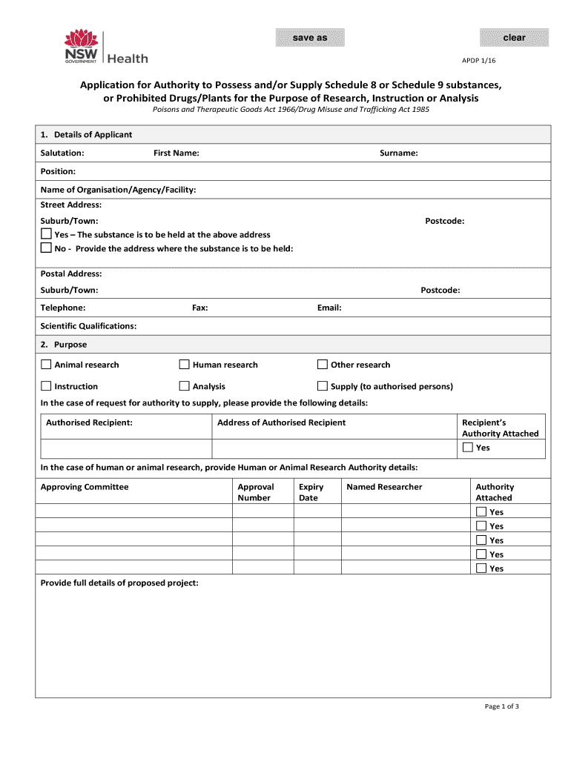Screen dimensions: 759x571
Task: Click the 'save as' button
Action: (310, 38)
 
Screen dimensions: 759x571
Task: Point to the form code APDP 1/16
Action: (502, 59)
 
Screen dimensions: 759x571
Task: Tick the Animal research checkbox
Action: (46, 365)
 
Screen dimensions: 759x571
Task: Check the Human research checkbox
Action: (185, 365)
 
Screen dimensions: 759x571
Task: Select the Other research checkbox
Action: (323, 365)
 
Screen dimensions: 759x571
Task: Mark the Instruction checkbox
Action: (46, 386)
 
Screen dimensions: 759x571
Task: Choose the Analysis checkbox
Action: (185, 386)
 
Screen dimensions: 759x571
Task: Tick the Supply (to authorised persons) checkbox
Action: (323, 386)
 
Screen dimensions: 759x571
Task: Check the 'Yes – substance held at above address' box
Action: (46, 234)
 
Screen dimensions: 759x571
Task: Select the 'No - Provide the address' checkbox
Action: (46, 248)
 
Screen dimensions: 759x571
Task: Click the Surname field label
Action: (399, 153)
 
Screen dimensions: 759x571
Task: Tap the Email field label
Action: (329, 308)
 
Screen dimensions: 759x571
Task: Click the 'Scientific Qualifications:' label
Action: (88, 326)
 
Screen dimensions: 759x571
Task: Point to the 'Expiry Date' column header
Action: (311, 492)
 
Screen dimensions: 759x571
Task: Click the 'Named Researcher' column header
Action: (384, 487)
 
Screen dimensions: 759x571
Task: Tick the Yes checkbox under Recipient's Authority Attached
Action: (468, 448)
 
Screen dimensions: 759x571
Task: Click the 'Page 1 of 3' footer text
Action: (502, 706)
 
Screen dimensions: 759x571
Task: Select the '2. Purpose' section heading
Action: (64, 345)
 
